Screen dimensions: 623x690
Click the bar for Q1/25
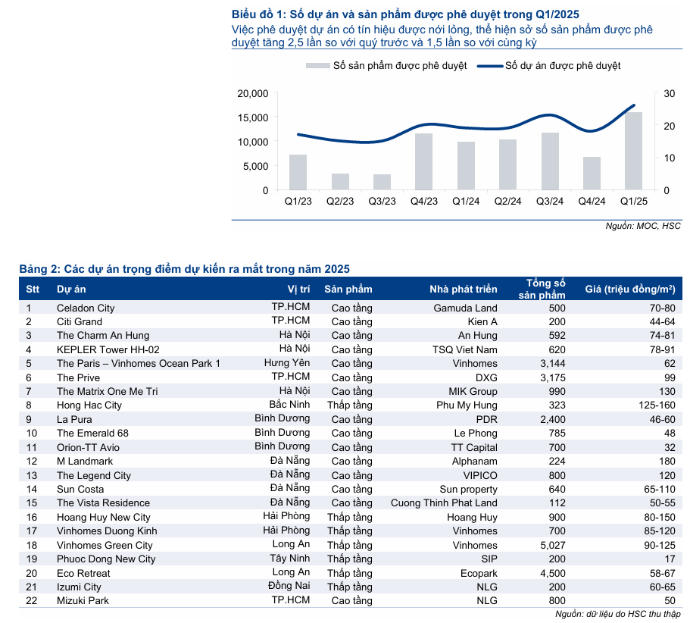coord(633,151)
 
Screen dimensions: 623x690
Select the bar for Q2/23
coord(341,182)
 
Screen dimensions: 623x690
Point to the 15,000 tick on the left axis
coord(253,117)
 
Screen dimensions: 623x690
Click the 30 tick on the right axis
coord(669,93)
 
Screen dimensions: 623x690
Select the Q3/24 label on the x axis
coord(549,202)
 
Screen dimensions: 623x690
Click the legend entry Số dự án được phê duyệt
coord(562,66)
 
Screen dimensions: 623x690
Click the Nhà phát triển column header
coord(464,289)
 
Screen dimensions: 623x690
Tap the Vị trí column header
coord(299,289)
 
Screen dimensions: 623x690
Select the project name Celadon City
coord(86,308)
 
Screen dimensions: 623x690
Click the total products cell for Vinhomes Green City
coord(551,545)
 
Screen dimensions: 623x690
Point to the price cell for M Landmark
coord(667,461)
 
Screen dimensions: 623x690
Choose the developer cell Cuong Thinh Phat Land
coord(444,502)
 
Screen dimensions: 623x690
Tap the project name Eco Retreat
coord(83,573)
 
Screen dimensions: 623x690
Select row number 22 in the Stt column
coord(32,600)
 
